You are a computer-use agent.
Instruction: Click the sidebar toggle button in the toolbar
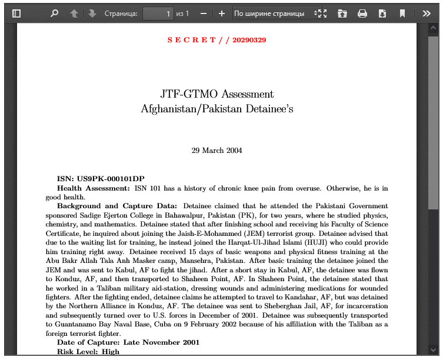point(16,14)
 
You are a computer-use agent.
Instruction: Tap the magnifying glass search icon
point(55,14)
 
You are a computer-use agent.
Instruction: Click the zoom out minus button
point(204,14)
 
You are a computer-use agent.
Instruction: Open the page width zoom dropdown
point(277,14)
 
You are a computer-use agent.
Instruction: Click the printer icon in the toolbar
point(362,14)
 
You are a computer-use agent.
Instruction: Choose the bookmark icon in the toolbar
point(402,14)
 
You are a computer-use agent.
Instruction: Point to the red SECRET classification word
point(192,40)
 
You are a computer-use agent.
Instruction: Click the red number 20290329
point(249,40)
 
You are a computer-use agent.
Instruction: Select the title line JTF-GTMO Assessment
point(216,94)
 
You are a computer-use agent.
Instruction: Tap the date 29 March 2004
point(216,151)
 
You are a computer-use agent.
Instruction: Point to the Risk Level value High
point(111,352)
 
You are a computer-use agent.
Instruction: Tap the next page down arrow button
point(92,14)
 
